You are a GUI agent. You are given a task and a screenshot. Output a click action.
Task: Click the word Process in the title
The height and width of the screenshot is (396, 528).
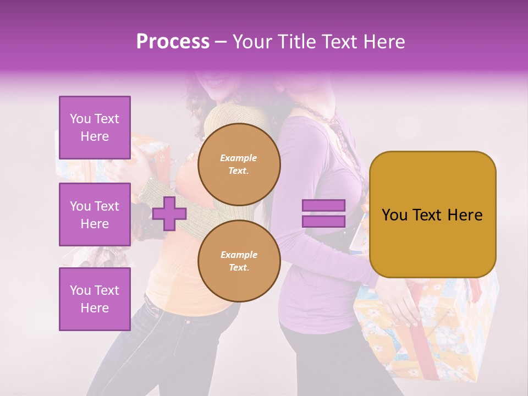(x=173, y=42)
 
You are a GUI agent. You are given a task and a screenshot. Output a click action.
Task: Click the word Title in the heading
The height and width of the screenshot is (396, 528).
(x=298, y=42)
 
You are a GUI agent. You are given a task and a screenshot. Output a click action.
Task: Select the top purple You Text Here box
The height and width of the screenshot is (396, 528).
(x=95, y=128)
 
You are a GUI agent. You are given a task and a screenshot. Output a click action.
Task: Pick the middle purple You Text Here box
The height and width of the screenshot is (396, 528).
(x=95, y=215)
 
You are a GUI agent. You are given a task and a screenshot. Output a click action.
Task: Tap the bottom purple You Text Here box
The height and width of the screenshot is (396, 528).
(x=95, y=299)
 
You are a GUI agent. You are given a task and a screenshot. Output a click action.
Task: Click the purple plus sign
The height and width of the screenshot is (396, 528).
(x=169, y=214)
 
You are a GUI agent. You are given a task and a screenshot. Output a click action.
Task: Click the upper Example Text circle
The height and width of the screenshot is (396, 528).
(x=239, y=164)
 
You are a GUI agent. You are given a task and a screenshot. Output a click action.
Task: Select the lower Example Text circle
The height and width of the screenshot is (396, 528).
(x=239, y=261)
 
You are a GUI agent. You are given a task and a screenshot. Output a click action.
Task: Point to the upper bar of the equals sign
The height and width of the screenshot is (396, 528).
(x=323, y=206)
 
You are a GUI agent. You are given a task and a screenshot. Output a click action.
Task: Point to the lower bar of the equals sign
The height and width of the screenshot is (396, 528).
(x=323, y=222)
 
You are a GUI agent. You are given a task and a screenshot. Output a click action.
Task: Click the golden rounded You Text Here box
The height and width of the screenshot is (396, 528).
(x=432, y=215)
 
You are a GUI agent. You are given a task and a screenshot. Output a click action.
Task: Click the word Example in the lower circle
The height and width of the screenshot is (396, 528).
(x=239, y=255)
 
